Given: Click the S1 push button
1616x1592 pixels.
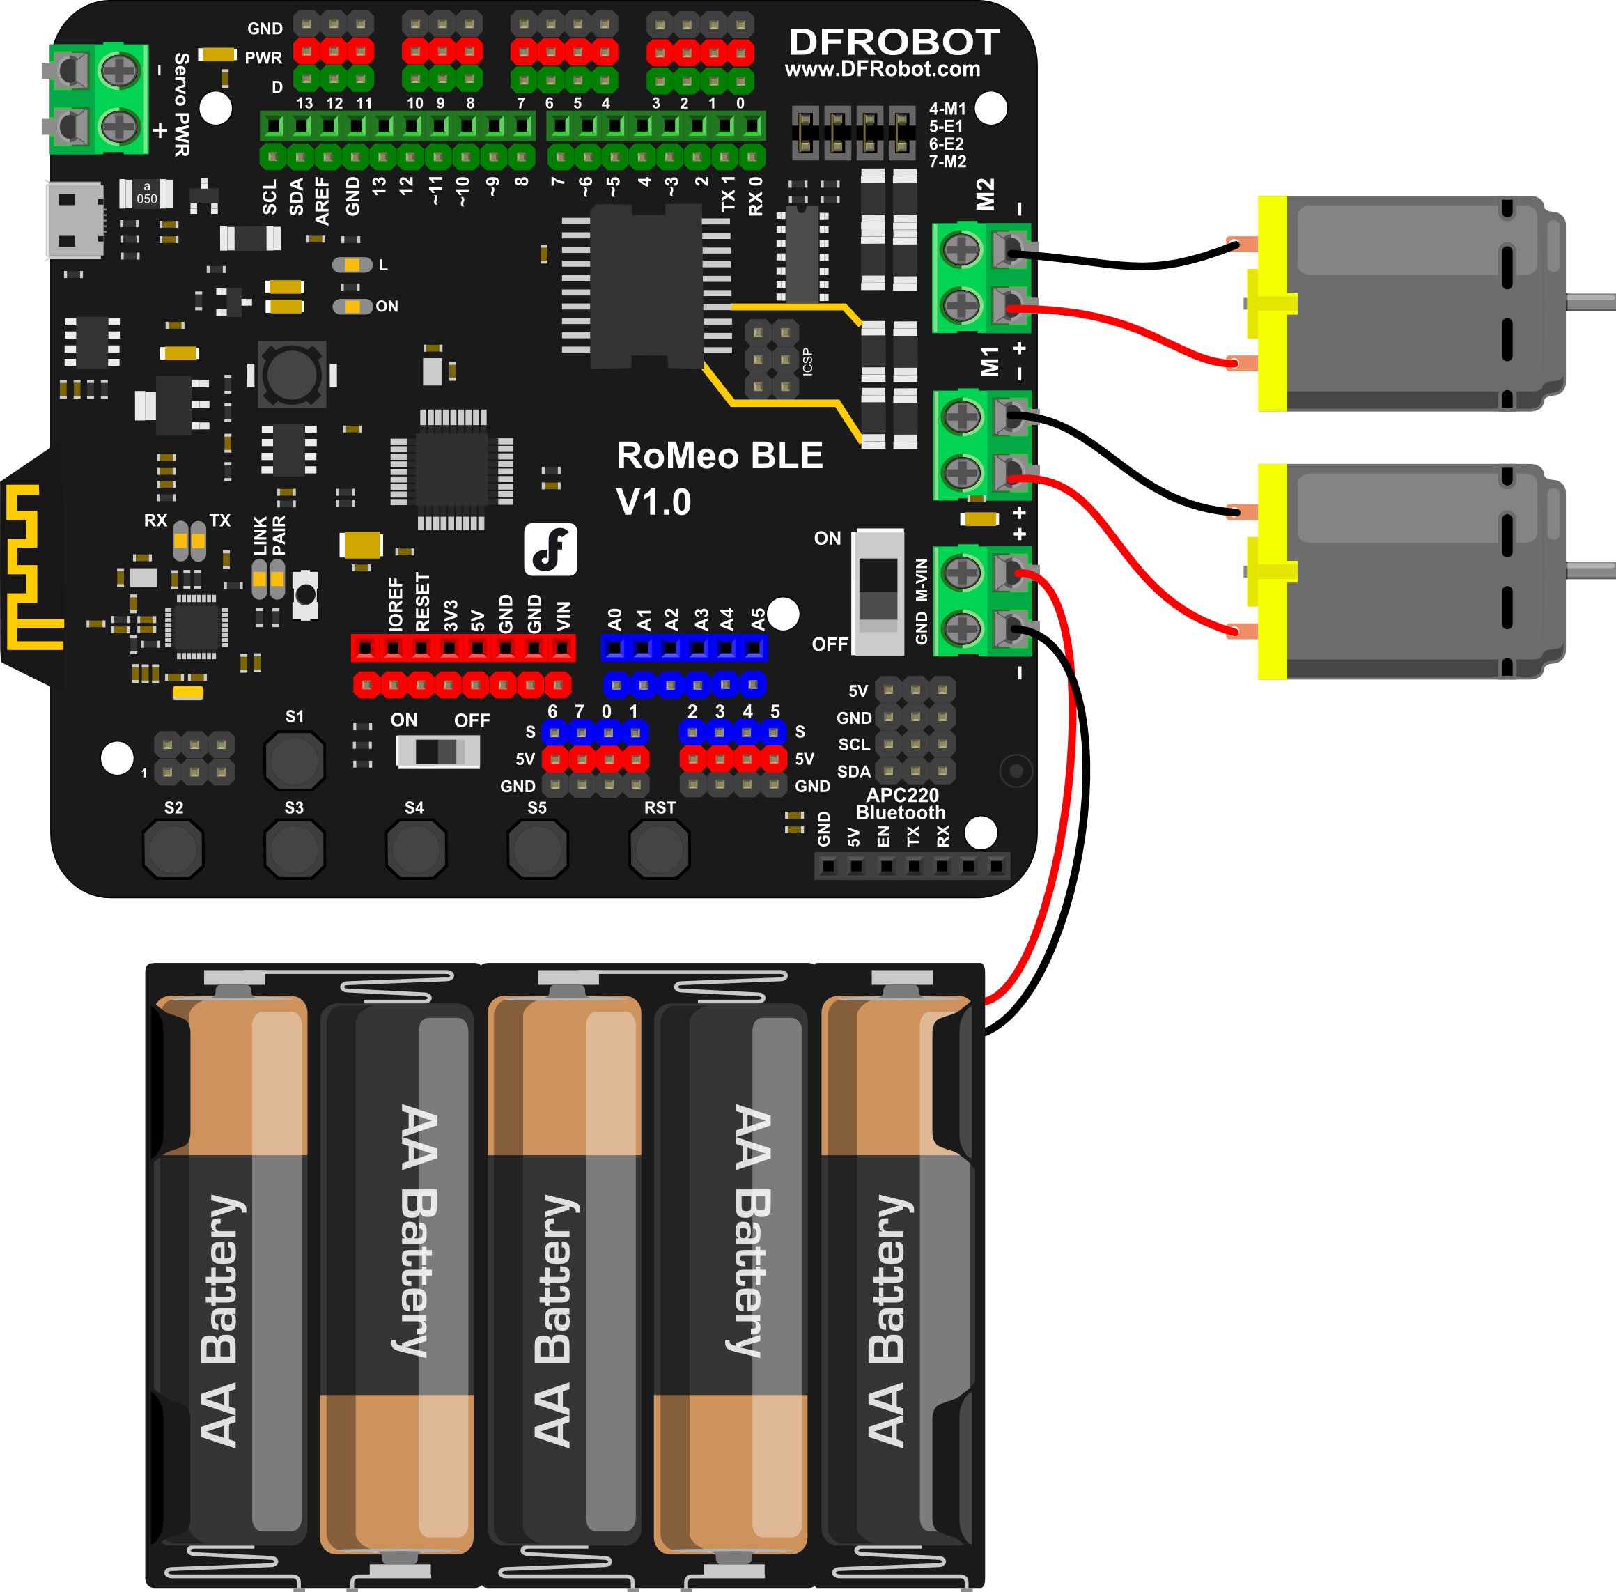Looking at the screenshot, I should click(x=294, y=760).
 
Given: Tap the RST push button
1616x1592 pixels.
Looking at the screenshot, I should click(x=659, y=849).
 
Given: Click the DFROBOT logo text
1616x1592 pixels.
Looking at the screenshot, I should click(x=894, y=42).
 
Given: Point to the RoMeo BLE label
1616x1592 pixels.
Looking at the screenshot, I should click(x=719, y=456).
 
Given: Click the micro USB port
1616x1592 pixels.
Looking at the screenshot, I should click(x=74, y=221).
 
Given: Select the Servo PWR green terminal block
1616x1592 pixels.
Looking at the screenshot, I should click(x=99, y=99).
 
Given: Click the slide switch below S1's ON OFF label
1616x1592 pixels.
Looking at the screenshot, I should click(x=437, y=751).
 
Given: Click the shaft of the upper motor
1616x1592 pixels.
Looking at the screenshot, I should click(x=1590, y=302).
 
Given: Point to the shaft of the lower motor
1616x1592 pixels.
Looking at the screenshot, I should click(x=1590, y=570).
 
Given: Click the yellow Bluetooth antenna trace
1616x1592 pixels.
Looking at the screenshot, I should click(x=29, y=569).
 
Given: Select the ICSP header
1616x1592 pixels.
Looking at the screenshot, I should click(x=771, y=359).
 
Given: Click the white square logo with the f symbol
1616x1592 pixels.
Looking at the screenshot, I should click(x=550, y=549).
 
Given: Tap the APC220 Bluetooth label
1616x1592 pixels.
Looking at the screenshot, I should click(x=901, y=803).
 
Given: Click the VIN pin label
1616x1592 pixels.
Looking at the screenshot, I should click(x=564, y=615).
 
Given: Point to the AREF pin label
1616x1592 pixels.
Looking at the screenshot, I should click(x=323, y=201).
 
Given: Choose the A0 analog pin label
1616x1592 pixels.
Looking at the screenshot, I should click(x=614, y=619).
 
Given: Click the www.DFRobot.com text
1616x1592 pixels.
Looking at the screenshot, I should click(x=882, y=70).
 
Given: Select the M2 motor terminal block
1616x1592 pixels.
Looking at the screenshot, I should click(x=982, y=277).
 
